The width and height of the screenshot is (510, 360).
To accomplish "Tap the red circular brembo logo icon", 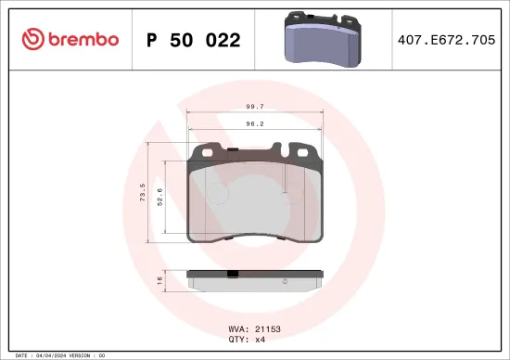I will point(32,39).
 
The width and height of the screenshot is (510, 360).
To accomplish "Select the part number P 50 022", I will point(194,40).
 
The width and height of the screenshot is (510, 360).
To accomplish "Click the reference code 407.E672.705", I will point(454,40).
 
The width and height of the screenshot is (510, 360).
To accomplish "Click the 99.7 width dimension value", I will point(254,107).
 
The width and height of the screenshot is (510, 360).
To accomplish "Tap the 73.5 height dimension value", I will point(142,193).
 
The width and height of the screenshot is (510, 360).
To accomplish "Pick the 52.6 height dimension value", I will point(159,197).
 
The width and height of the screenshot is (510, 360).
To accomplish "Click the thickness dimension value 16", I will point(159,278).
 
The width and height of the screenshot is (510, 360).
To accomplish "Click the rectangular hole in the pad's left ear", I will point(209,151).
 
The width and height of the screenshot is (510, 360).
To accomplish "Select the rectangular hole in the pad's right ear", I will point(300,151).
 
